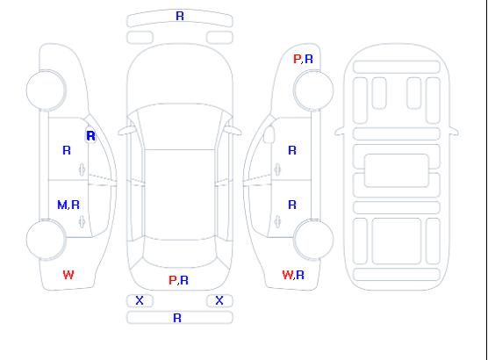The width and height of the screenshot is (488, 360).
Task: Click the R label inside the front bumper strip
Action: [x=180, y=16]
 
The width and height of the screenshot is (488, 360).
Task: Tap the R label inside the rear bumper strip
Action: [x=177, y=318]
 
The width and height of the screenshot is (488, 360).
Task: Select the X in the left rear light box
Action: [x=140, y=300]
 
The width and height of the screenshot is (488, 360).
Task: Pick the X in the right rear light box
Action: [x=219, y=300]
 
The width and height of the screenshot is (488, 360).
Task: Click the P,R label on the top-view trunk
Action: [x=178, y=280]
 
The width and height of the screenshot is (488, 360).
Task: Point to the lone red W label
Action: [x=68, y=275]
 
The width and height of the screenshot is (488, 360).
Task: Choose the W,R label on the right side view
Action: [x=293, y=275]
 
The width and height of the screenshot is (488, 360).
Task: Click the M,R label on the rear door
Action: [x=68, y=205]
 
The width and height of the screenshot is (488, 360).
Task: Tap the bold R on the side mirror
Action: [x=90, y=136]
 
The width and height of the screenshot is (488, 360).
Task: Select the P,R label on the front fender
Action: [x=303, y=59]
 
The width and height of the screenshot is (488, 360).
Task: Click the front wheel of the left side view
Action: [x=46, y=90]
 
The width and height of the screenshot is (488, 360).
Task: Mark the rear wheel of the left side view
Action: [x=46, y=240]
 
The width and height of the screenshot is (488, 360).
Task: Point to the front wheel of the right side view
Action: [x=313, y=90]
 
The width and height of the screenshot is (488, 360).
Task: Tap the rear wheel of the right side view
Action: [x=313, y=240]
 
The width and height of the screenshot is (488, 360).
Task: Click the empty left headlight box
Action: [x=140, y=38]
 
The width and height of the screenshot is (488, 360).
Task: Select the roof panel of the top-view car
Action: [x=180, y=195]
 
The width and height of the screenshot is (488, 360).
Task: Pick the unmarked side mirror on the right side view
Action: [x=269, y=134]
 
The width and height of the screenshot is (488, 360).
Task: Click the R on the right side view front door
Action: [x=292, y=150]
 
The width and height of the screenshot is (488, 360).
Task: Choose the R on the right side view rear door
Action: [x=292, y=205]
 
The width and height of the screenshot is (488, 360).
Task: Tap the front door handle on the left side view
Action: [x=82, y=169]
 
